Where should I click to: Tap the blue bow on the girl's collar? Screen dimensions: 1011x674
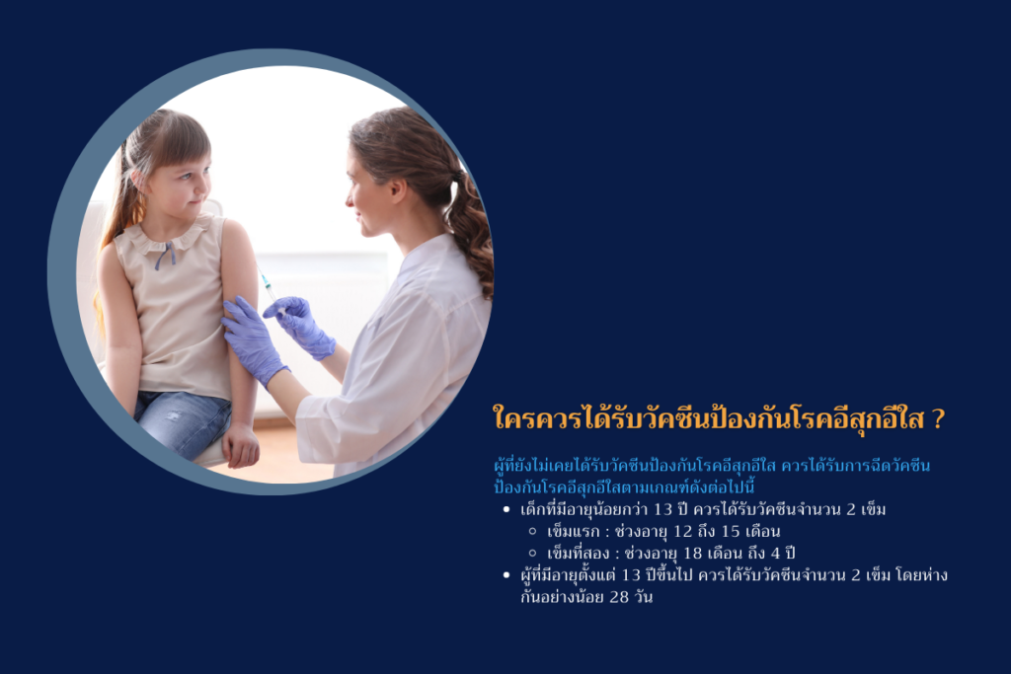(x=166, y=255)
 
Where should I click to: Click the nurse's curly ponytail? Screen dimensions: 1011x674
(x=472, y=231)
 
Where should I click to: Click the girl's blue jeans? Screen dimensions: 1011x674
(x=182, y=423)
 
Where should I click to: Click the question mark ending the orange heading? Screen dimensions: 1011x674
(x=938, y=418)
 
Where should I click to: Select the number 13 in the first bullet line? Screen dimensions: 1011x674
(x=662, y=509)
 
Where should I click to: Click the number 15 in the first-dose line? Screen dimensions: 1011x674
(x=731, y=532)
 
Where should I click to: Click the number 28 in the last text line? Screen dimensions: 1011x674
(x=619, y=597)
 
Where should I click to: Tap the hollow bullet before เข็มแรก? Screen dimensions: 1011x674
(x=532, y=532)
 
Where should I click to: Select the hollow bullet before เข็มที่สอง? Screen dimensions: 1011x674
(x=532, y=553)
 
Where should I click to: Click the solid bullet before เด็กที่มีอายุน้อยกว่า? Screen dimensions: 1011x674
(x=506, y=509)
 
